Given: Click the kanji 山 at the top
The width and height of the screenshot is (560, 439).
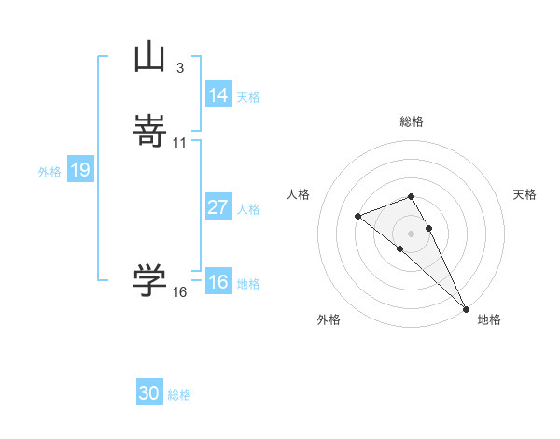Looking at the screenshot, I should click(149, 56).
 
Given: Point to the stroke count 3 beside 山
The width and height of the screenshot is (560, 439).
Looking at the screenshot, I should click(179, 67).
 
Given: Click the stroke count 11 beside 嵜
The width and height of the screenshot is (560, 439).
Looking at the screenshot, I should click(179, 142).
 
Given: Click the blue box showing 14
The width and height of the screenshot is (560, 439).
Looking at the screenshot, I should click(218, 95).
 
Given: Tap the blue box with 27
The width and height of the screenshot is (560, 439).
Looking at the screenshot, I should click(218, 207).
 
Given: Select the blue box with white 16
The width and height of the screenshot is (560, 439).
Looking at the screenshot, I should click(218, 282).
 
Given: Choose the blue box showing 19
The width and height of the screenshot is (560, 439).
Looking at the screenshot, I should click(80, 170).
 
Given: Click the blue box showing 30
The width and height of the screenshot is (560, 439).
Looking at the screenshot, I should click(149, 393).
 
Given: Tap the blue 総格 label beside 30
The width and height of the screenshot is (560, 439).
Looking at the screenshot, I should click(179, 395).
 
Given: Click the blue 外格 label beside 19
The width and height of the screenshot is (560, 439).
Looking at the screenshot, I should click(49, 172).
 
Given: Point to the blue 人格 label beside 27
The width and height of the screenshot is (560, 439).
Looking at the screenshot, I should click(248, 209).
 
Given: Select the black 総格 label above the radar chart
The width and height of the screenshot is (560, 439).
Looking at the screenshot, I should click(412, 121).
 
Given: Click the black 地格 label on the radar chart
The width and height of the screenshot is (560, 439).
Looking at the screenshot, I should click(489, 319).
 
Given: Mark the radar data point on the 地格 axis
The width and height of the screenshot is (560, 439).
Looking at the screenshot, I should click(466, 308).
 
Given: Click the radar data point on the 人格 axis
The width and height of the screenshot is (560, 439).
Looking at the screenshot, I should click(358, 217).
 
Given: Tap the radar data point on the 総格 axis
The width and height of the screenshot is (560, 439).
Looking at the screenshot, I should click(412, 196).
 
